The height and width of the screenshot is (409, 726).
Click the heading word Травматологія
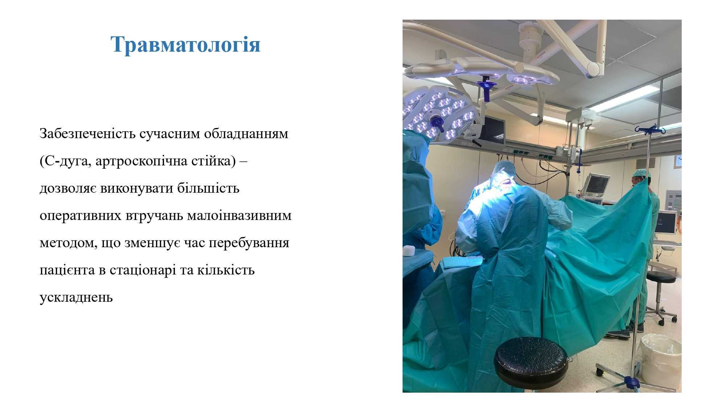click(185, 45)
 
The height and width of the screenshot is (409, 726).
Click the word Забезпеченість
click(87, 134)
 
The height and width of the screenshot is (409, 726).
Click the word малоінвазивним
click(239, 215)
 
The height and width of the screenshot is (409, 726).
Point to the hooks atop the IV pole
click(650, 129)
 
